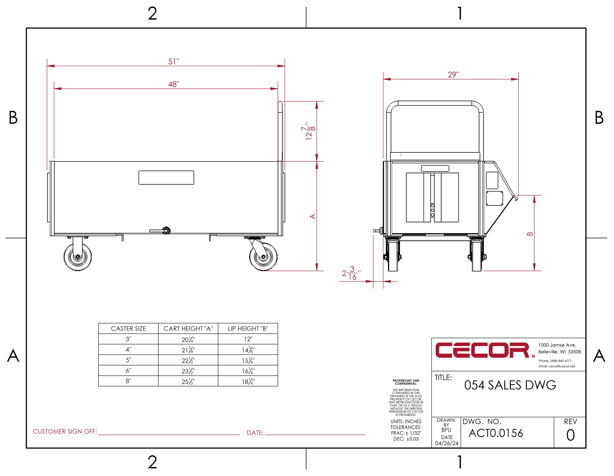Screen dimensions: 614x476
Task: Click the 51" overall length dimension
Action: pos(173,62)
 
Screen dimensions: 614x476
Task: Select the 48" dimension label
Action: pos(173,84)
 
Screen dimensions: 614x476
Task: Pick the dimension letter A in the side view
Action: pos(313,216)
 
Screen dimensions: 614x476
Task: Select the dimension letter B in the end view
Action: pos(530,234)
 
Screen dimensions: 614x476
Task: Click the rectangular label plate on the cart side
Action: pos(166,178)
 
